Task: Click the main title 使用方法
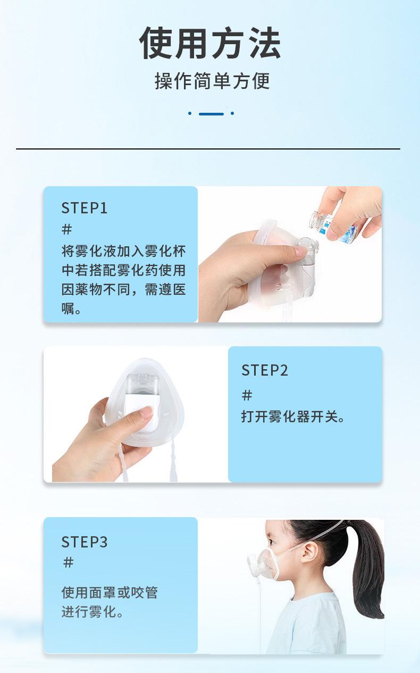210,44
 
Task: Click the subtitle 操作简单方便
212,81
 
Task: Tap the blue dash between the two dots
211,113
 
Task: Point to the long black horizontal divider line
208,149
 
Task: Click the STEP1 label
84,208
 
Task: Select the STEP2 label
264,370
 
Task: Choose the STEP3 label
84,542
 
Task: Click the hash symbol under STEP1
67,230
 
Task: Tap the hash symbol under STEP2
247,395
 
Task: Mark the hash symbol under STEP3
68,562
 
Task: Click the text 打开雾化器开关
293,417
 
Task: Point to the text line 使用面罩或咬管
110,592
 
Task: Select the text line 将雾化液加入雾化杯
123,251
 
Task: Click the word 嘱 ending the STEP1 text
68,309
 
